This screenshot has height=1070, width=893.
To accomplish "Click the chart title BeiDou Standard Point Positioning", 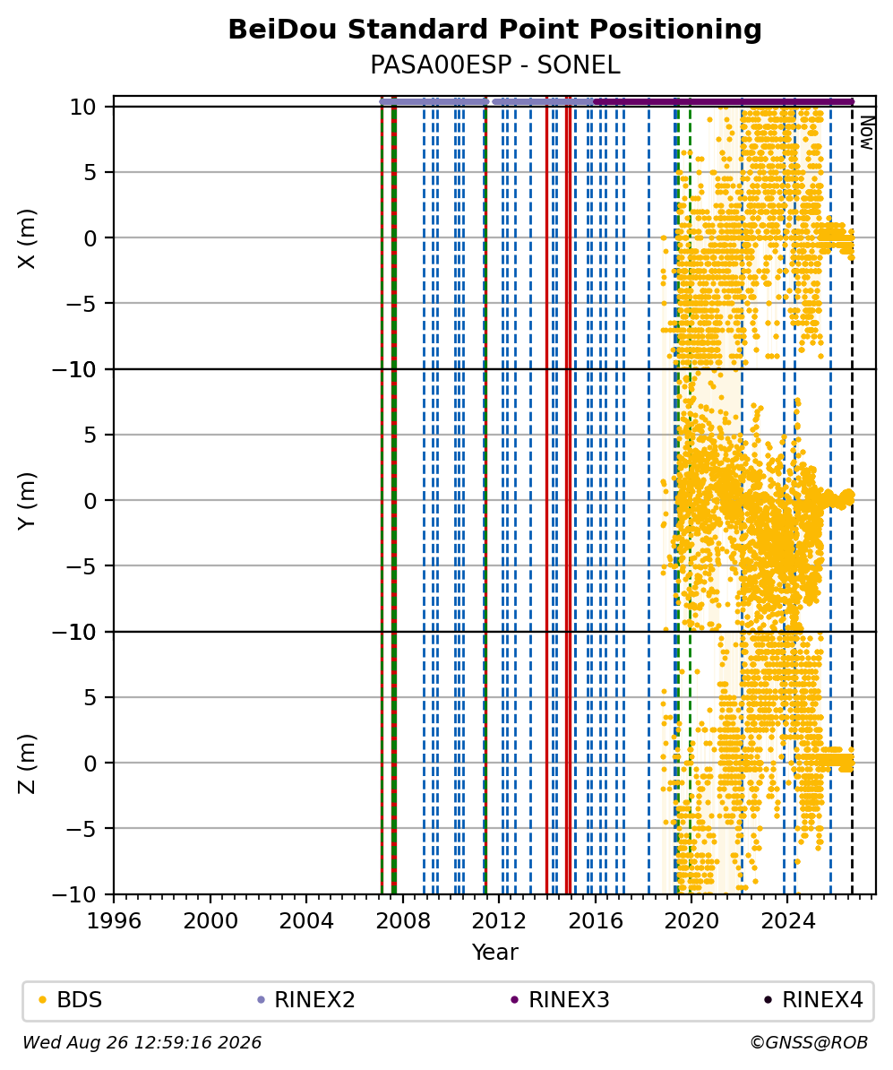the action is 494,30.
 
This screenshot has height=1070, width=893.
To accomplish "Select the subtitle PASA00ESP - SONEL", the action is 494,65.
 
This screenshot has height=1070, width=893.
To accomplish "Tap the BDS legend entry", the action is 71,1000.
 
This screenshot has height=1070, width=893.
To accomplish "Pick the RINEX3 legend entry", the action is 560,1000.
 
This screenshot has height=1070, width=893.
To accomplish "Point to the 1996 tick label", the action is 115,920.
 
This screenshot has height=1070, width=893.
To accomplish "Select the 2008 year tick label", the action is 403,920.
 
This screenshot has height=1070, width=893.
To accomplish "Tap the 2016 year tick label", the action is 596,920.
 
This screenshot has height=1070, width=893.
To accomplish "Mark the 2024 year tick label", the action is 788,920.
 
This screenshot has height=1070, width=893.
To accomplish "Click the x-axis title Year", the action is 494,952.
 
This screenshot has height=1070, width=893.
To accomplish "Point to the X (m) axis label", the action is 26,238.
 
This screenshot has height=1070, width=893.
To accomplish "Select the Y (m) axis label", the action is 26,501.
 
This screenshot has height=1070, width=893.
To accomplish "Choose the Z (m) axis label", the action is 26,764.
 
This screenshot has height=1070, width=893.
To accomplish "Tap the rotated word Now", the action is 866,133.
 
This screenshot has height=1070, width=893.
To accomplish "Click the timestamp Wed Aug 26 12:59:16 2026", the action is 142,1042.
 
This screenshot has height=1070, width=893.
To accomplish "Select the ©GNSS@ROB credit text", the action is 809,1042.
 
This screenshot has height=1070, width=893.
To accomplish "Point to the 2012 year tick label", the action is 500,920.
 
